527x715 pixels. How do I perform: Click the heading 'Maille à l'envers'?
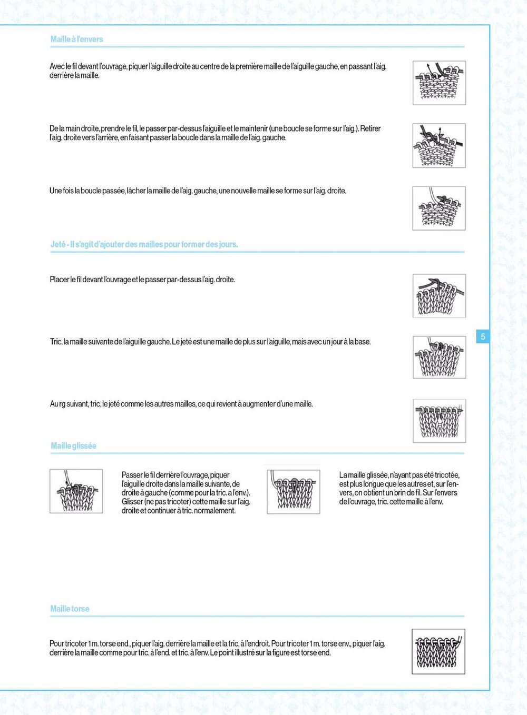click(x=76, y=39)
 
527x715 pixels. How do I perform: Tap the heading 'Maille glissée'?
click(x=73, y=446)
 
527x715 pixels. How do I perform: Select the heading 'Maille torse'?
click(x=70, y=609)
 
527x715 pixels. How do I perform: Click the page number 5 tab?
click(x=483, y=336)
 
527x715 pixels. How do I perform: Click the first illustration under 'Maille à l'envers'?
click(x=439, y=83)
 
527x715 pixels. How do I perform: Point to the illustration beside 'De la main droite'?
click(x=439, y=146)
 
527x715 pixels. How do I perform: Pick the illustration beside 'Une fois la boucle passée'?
click(x=439, y=208)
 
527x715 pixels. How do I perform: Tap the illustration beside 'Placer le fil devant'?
click(x=439, y=295)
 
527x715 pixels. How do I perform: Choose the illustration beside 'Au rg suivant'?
click(x=439, y=420)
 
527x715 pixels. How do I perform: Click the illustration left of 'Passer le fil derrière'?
click(x=76, y=491)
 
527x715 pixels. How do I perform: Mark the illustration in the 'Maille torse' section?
click(x=438, y=651)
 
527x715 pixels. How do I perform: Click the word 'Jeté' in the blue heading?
click(x=58, y=244)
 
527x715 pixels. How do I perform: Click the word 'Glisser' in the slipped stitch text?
click(x=132, y=502)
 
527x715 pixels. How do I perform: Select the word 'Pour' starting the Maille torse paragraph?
click(x=56, y=643)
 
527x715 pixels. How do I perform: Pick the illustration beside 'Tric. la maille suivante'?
click(x=439, y=357)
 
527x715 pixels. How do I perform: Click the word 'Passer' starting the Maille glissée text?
click(x=132, y=475)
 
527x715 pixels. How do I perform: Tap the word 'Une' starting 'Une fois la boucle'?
click(x=55, y=191)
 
